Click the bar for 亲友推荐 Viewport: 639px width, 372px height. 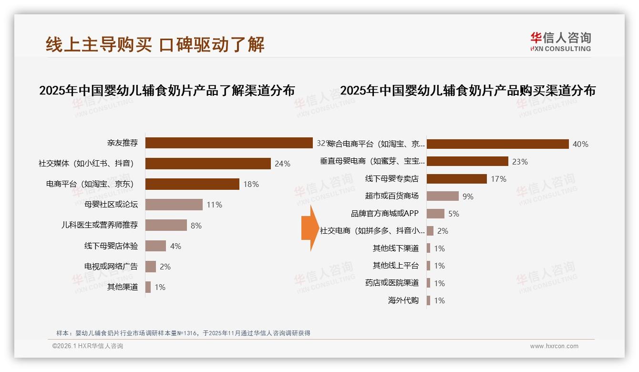[x=229, y=143]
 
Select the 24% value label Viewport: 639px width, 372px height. [x=282, y=164]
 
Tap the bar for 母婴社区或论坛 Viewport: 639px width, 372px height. [x=174, y=205]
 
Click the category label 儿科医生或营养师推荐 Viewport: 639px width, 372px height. [x=100, y=226]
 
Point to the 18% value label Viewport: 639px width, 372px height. [x=251, y=184]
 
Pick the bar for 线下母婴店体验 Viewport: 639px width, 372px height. [x=155, y=246]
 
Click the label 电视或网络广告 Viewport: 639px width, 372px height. [x=111, y=267]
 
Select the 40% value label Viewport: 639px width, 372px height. [x=580, y=144]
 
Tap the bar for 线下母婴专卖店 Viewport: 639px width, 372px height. [x=456, y=179]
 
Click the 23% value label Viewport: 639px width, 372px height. [x=520, y=162]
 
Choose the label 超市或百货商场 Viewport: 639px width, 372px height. [x=392, y=196]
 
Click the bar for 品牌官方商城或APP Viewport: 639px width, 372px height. [x=435, y=214]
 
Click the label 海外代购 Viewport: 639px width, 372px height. [x=403, y=300]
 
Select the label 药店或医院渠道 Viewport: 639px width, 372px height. [x=392, y=283]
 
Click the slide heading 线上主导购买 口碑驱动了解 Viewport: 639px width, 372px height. [x=155, y=44]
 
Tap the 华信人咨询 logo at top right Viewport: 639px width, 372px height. [x=560, y=41]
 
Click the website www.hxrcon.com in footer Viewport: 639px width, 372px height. [x=554, y=346]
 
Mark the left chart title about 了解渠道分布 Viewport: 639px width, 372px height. [x=167, y=90]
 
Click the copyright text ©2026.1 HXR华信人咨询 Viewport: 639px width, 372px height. [x=88, y=346]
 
